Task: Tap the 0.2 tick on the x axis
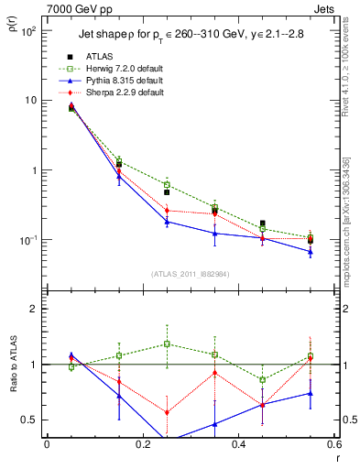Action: [x=142, y=446]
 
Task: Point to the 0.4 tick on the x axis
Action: [x=238, y=446]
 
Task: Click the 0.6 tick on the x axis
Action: [x=333, y=446]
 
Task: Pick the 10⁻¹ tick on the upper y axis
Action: [x=27, y=240]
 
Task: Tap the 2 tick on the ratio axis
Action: [x=31, y=309]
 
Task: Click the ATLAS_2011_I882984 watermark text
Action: [x=191, y=274]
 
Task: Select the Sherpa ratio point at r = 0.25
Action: [x=167, y=412]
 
